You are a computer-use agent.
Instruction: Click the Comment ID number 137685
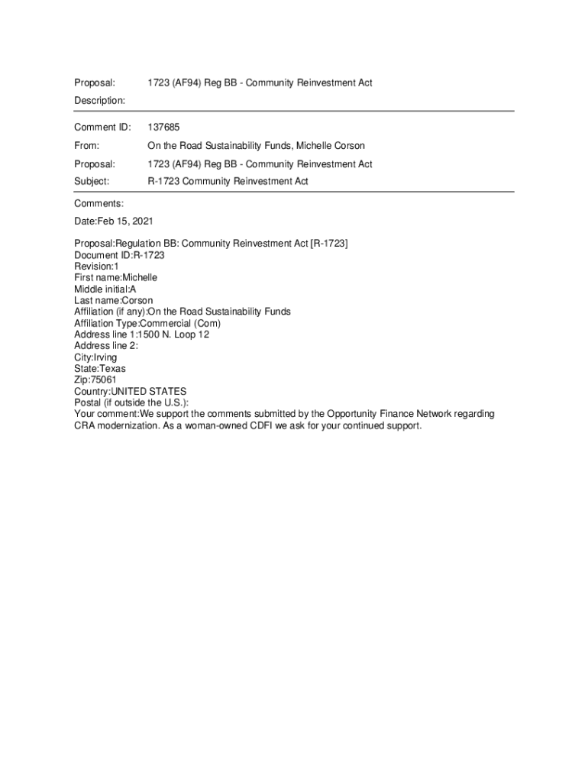(x=163, y=127)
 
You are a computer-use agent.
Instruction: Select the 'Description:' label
(x=99, y=101)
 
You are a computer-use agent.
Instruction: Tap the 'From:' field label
(x=87, y=145)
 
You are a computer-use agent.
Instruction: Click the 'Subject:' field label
(x=92, y=182)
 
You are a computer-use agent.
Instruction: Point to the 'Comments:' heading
(x=99, y=203)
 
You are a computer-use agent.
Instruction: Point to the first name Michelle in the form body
(x=140, y=278)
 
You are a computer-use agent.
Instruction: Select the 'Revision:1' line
(x=96, y=267)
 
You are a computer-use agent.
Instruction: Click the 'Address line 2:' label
(x=106, y=346)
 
